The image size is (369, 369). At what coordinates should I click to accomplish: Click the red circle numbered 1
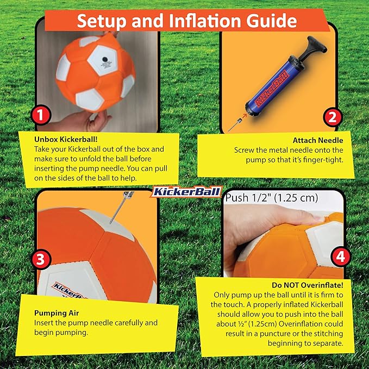tap(41, 115)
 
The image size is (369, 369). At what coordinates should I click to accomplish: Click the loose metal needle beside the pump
tap(235, 121)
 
